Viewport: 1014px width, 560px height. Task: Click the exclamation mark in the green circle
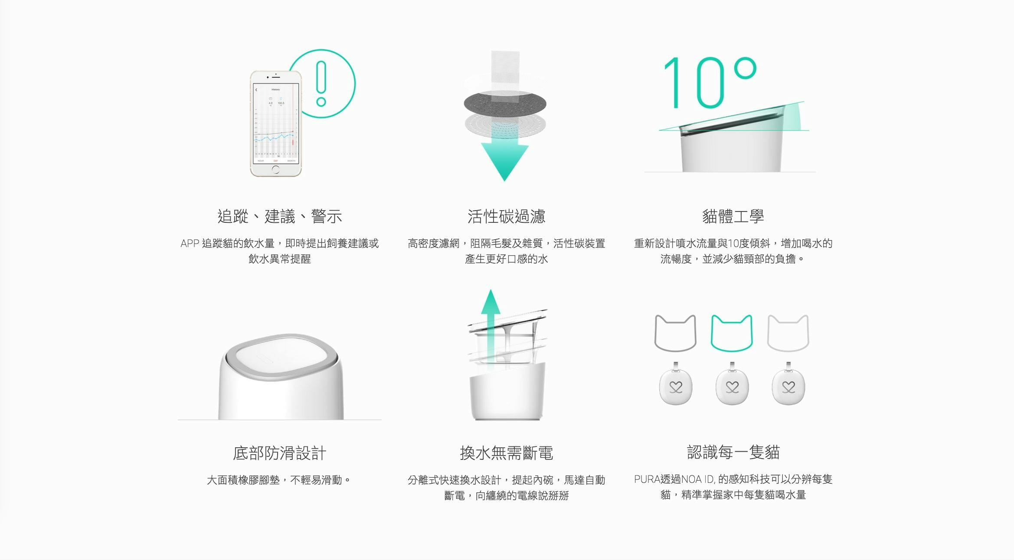point(321,83)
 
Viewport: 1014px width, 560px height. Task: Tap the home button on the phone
point(276,169)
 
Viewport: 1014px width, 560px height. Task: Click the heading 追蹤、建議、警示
point(280,216)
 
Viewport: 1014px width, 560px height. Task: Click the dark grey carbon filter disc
point(505,104)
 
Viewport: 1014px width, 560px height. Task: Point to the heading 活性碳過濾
point(506,216)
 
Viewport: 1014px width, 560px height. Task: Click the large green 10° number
point(710,82)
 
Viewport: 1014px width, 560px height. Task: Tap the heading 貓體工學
point(733,216)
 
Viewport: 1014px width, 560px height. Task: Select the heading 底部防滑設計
point(280,453)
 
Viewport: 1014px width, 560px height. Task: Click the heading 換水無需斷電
point(506,453)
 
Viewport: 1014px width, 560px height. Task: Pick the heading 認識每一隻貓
point(733,452)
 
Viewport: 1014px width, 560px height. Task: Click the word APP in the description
point(190,244)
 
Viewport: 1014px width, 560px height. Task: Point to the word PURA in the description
point(647,479)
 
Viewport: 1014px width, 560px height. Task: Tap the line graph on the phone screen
point(275,136)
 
